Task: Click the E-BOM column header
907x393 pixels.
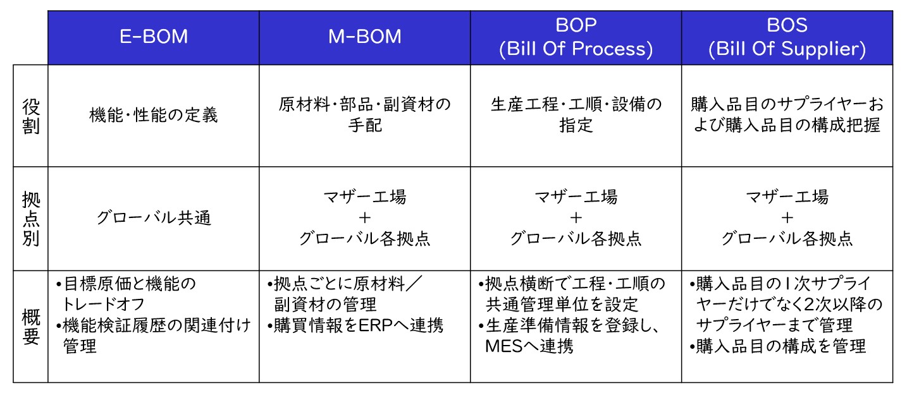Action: [154, 37]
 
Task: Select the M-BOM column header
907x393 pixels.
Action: [364, 37]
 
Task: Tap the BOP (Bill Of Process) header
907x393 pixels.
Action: [576, 37]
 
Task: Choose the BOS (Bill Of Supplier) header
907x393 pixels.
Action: [787, 37]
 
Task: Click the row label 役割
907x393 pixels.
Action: [31, 116]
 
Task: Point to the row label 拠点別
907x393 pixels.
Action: [31, 219]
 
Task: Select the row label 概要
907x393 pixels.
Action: [31, 327]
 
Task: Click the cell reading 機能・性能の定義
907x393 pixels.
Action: [154, 115]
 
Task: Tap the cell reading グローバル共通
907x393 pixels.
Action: [154, 218]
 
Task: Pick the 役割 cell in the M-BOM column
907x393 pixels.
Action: [364, 115]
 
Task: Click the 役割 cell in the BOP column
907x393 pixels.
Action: [576, 115]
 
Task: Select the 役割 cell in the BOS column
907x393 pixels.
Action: [787, 115]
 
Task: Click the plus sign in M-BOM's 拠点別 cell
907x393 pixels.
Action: [364, 218]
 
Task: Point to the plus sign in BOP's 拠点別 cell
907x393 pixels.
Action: [576, 218]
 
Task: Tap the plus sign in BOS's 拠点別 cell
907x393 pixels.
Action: [787, 218]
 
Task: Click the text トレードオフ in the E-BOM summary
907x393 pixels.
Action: [103, 305]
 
